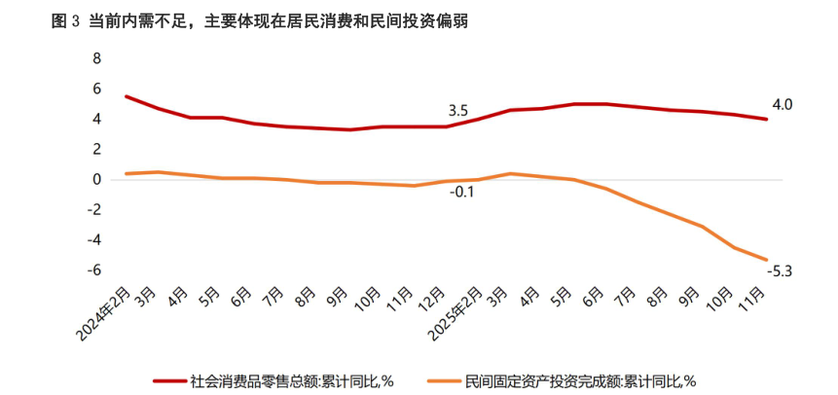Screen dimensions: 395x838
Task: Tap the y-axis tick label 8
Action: (96, 58)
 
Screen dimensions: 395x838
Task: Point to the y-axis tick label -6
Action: (93, 270)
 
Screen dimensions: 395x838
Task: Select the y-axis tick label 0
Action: (96, 180)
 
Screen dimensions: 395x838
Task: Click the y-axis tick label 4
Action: (96, 119)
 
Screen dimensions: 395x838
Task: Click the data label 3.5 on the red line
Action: (457, 110)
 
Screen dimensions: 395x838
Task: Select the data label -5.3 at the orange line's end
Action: (781, 271)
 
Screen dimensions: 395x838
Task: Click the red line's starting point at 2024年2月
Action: (127, 96)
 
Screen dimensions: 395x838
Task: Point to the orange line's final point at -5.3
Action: (767, 260)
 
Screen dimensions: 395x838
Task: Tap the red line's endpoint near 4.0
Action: (767, 119)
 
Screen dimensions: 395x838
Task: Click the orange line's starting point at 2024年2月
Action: (127, 173)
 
